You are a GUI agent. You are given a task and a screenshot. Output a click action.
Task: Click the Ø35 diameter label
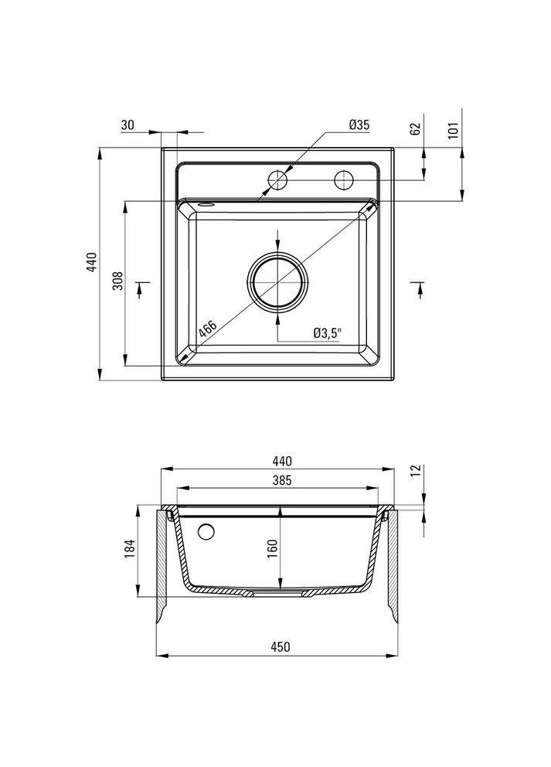tap(359, 124)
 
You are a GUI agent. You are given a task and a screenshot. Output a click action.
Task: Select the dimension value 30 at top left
tap(128, 124)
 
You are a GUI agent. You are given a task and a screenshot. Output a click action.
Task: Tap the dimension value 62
tap(414, 128)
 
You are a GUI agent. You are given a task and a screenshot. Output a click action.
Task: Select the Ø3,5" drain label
tap(328, 332)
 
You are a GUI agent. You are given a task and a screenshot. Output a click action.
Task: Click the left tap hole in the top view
tap(277, 180)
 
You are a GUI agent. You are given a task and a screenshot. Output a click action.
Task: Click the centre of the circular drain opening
tap(278, 284)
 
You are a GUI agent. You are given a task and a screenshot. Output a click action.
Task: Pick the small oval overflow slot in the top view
tap(206, 204)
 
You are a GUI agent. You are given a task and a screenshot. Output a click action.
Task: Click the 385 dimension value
tap(280, 480)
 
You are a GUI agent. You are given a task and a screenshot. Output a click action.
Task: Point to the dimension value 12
tap(414, 469)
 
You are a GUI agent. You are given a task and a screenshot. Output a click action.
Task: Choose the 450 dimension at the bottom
tap(280, 647)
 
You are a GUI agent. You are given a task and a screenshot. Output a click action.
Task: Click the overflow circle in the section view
tap(206, 532)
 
